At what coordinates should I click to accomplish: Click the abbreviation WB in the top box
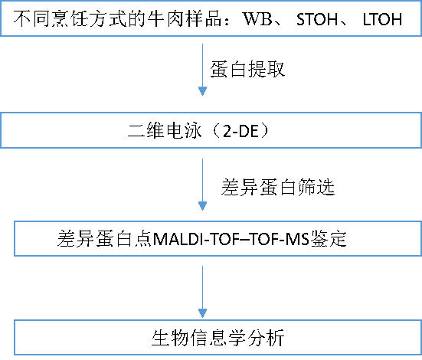pyautogui.click(x=257, y=19)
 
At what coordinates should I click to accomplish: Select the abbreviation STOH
pyautogui.click(x=317, y=19)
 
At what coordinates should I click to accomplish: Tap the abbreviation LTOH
pyautogui.click(x=382, y=19)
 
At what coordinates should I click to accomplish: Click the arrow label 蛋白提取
pyautogui.click(x=247, y=69)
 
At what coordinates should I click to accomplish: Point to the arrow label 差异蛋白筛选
pyautogui.click(x=278, y=187)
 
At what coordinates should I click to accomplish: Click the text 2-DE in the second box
pyautogui.click(x=241, y=131)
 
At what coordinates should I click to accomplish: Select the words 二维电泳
pyautogui.click(x=165, y=131)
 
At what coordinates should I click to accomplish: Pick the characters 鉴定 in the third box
pyautogui.click(x=328, y=238)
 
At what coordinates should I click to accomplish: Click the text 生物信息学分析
pyautogui.click(x=218, y=338)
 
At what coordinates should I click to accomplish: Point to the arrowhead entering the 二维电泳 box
pyautogui.click(x=202, y=91)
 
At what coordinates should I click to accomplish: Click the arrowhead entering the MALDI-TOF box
pyautogui.click(x=202, y=206)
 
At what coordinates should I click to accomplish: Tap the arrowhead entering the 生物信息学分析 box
pyautogui.click(x=202, y=313)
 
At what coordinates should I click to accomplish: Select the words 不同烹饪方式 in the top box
pyautogui.click(x=70, y=19)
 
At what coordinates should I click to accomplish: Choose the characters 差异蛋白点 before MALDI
pyautogui.click(x=105, y=238)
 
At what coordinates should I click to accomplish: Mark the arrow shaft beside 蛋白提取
pyautogui.click(x=202, y=65)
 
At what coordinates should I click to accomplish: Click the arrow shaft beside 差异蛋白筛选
pyautogui.click(x=202, y=181)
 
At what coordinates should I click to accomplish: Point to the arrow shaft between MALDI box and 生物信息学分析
pyautogui.click(x=202, y=288)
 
